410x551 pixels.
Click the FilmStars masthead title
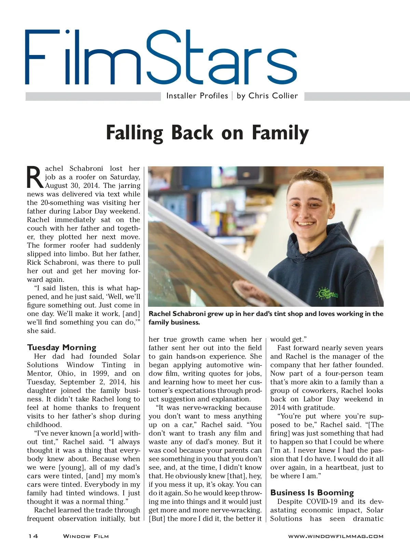click(161, 57)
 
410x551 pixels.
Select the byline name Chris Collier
click(273, 96)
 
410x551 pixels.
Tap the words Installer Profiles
click(197, 96)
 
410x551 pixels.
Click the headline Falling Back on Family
click(207, 133)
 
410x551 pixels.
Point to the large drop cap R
click(35, 177)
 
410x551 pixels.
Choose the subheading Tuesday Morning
click(61, 348)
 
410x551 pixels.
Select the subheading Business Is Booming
click(312, 493)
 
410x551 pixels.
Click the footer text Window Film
click(86, 536)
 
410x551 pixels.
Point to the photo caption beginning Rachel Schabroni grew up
click(265, 318)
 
